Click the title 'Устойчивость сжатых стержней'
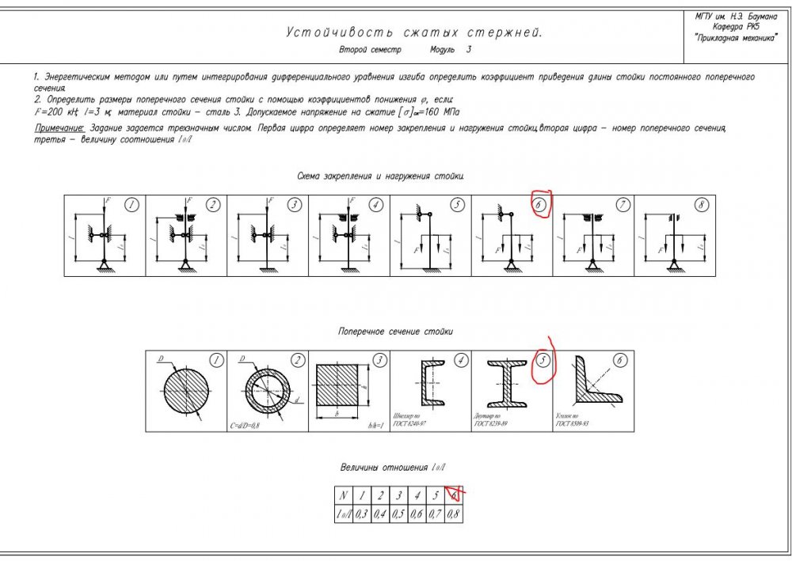[414, 33]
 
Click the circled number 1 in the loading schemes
[132, 205]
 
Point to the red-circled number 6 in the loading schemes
[540, 204]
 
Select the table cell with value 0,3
[362, 514]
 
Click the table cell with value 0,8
[454, 514]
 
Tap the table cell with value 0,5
[398, 514]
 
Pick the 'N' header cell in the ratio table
[342, 496]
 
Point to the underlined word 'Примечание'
[59, 127]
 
